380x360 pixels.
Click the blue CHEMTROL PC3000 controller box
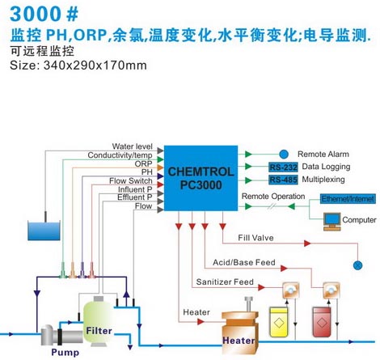point(201,178)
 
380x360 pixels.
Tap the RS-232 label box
point(283,167)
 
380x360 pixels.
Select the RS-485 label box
point(283,180)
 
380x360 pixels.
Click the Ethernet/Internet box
point(348,199)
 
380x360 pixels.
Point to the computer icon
point(332,222)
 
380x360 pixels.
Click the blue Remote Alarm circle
point(284,155)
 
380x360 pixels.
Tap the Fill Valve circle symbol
point(357,265)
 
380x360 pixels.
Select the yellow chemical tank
point(279,322)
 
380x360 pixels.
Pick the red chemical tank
point(322,322)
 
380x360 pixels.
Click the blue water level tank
point(44,231)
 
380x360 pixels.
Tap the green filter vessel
point(99,323)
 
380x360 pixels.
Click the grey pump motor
point(61,335)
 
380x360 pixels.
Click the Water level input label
point(132,146)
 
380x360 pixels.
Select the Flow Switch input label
point(131,180)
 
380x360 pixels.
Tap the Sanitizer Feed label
point(225,282)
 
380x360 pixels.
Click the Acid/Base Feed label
point(244,262)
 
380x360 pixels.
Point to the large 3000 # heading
point(44,14)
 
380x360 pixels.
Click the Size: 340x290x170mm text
point(78,66)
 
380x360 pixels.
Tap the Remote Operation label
point(273,197)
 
